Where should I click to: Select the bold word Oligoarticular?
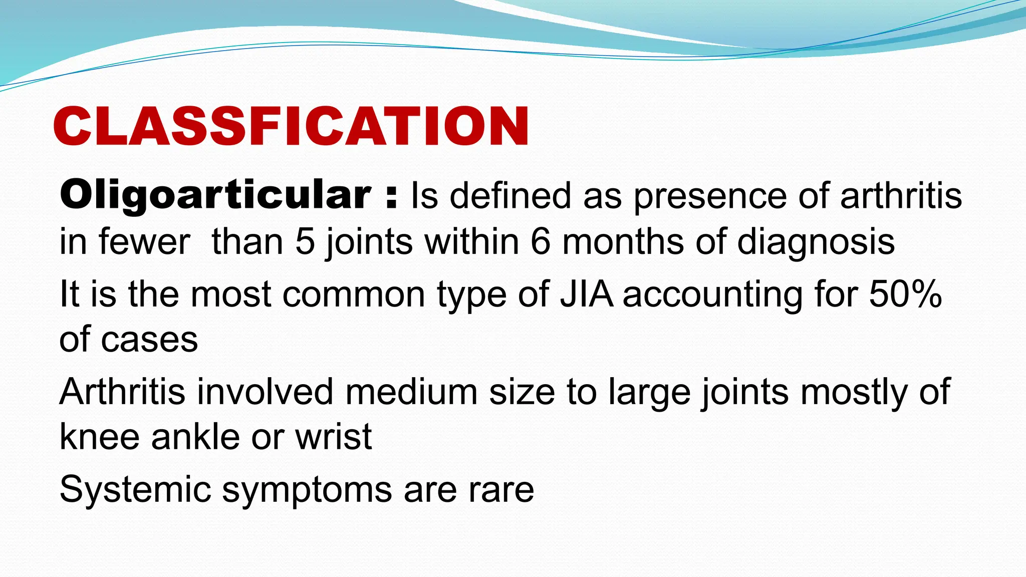(215, 195)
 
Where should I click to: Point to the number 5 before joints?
(305, 242)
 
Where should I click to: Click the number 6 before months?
(541, 242)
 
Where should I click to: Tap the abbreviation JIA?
(587, 294)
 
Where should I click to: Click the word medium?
(411, 392)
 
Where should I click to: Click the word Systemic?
(135, 490)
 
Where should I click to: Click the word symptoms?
(307, 491)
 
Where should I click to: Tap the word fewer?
(144, 242)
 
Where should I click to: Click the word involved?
(265, 392)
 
